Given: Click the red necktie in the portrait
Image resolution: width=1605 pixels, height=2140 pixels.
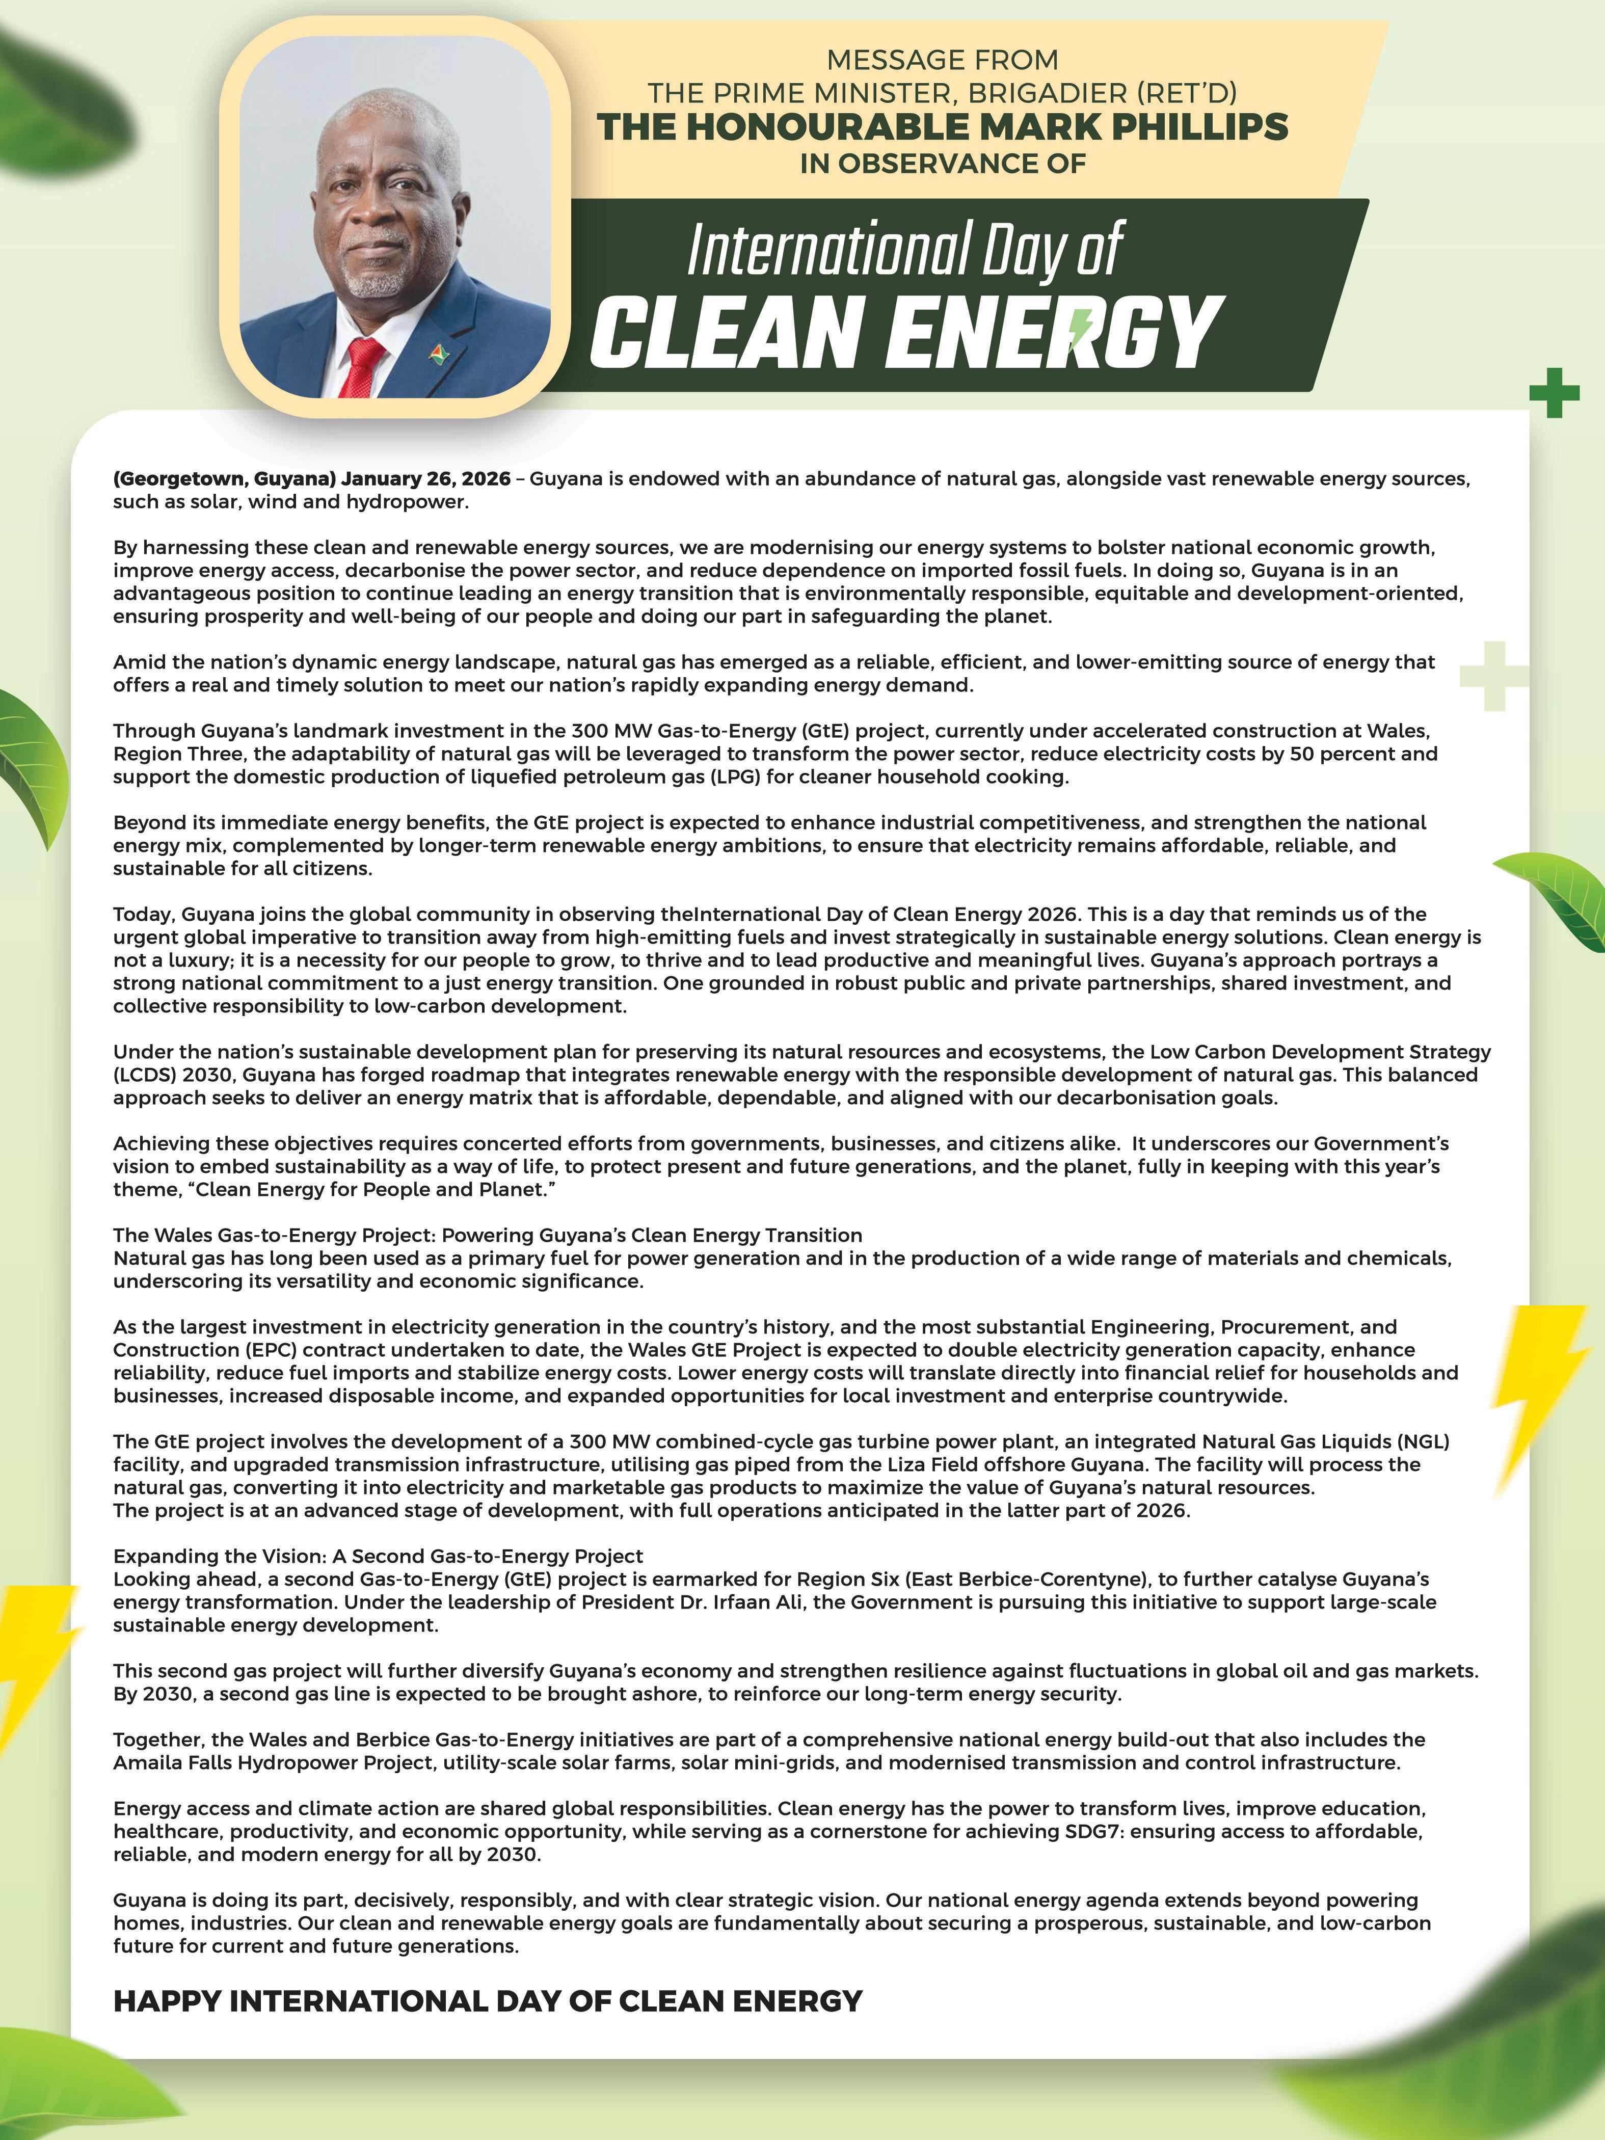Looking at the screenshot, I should pyautogui.click(x=363, y=368).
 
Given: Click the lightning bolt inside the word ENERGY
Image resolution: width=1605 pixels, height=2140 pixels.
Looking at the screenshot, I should pyautogui.click(x=1084, y=329).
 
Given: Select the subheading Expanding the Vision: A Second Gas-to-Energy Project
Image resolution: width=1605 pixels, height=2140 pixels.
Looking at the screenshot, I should pyautogui.click(x=378, y=1556).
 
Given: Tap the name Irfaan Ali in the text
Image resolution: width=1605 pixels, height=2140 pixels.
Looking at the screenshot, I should pyautogui.click(x=703, y=1602).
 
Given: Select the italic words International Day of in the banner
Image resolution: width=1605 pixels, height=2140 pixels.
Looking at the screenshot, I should pyautogui.click(x=904, y=250).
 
